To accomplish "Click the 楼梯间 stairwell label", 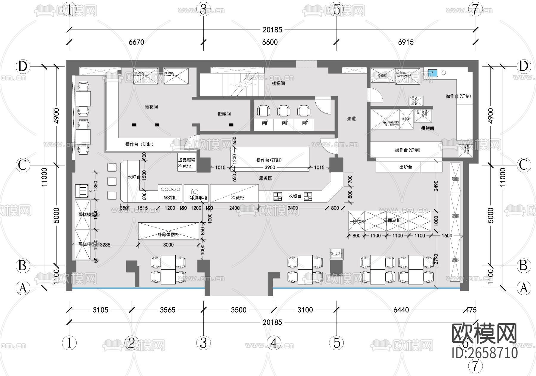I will [x=278, y=83].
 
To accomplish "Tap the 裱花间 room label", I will [x=151, y=107].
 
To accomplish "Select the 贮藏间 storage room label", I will [x=224, y=114].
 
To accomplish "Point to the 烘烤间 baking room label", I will [x=427, y=128].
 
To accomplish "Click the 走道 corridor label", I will [x=351, y=118].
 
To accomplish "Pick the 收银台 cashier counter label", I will [x=295, y=196].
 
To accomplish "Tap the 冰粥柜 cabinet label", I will [x=170, y=198].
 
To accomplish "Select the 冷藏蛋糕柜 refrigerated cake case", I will [x=168, y=234].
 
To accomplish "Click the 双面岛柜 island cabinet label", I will [x=392, y=221].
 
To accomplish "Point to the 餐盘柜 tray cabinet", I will [x=336, y=254].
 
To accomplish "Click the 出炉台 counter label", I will [x=406, y=167].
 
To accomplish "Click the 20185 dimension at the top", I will [x=272, y=30].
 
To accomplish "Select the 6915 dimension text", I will [x=406, y=42].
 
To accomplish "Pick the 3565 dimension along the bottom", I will [x=168, y=310].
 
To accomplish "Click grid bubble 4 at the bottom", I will [x=274, y=343].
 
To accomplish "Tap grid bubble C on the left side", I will [x=23, y=165].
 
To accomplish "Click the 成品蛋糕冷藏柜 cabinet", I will [x=187, y=163].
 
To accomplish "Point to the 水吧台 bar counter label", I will [x=134, y=177].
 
